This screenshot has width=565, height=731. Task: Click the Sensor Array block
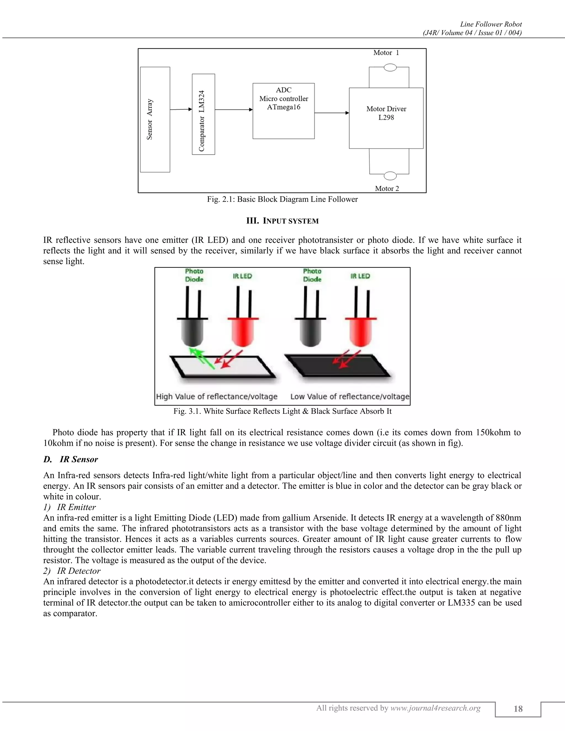coord(155,119)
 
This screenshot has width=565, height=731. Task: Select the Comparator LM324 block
coord(203,114)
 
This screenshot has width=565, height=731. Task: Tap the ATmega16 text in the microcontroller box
coord(284,107)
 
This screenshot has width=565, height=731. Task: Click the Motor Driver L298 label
coord(386,113)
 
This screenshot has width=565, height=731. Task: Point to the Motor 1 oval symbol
coord(390,68)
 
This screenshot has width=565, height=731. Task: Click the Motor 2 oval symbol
coord(390,176)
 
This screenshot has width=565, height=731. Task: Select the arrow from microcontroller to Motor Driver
coord(331,113)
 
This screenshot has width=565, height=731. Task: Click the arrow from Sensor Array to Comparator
coord(181,110)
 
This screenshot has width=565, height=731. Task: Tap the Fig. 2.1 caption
coord(282,199)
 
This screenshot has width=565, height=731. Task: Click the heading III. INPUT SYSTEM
coord(282,221)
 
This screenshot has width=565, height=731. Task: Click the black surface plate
coord(336,365)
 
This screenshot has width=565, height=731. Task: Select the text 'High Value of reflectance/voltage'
coord(217,397)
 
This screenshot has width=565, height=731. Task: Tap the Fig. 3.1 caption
coord(282,411)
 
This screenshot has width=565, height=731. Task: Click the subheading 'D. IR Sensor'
coord(71,460)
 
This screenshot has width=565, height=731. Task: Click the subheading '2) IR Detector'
coord(72,571)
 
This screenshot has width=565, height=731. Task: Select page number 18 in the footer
coord(518,709)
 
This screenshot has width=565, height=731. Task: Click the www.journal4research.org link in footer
coord(435,708)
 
